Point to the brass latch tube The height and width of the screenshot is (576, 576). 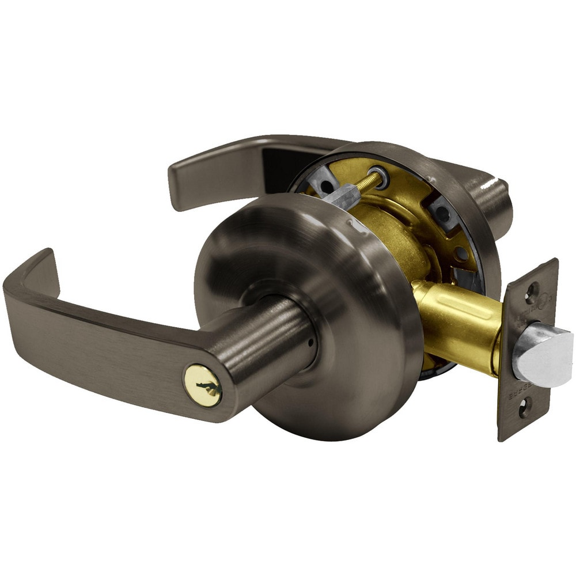point(455,323)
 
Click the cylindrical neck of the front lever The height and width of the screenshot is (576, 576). point(271,346)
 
